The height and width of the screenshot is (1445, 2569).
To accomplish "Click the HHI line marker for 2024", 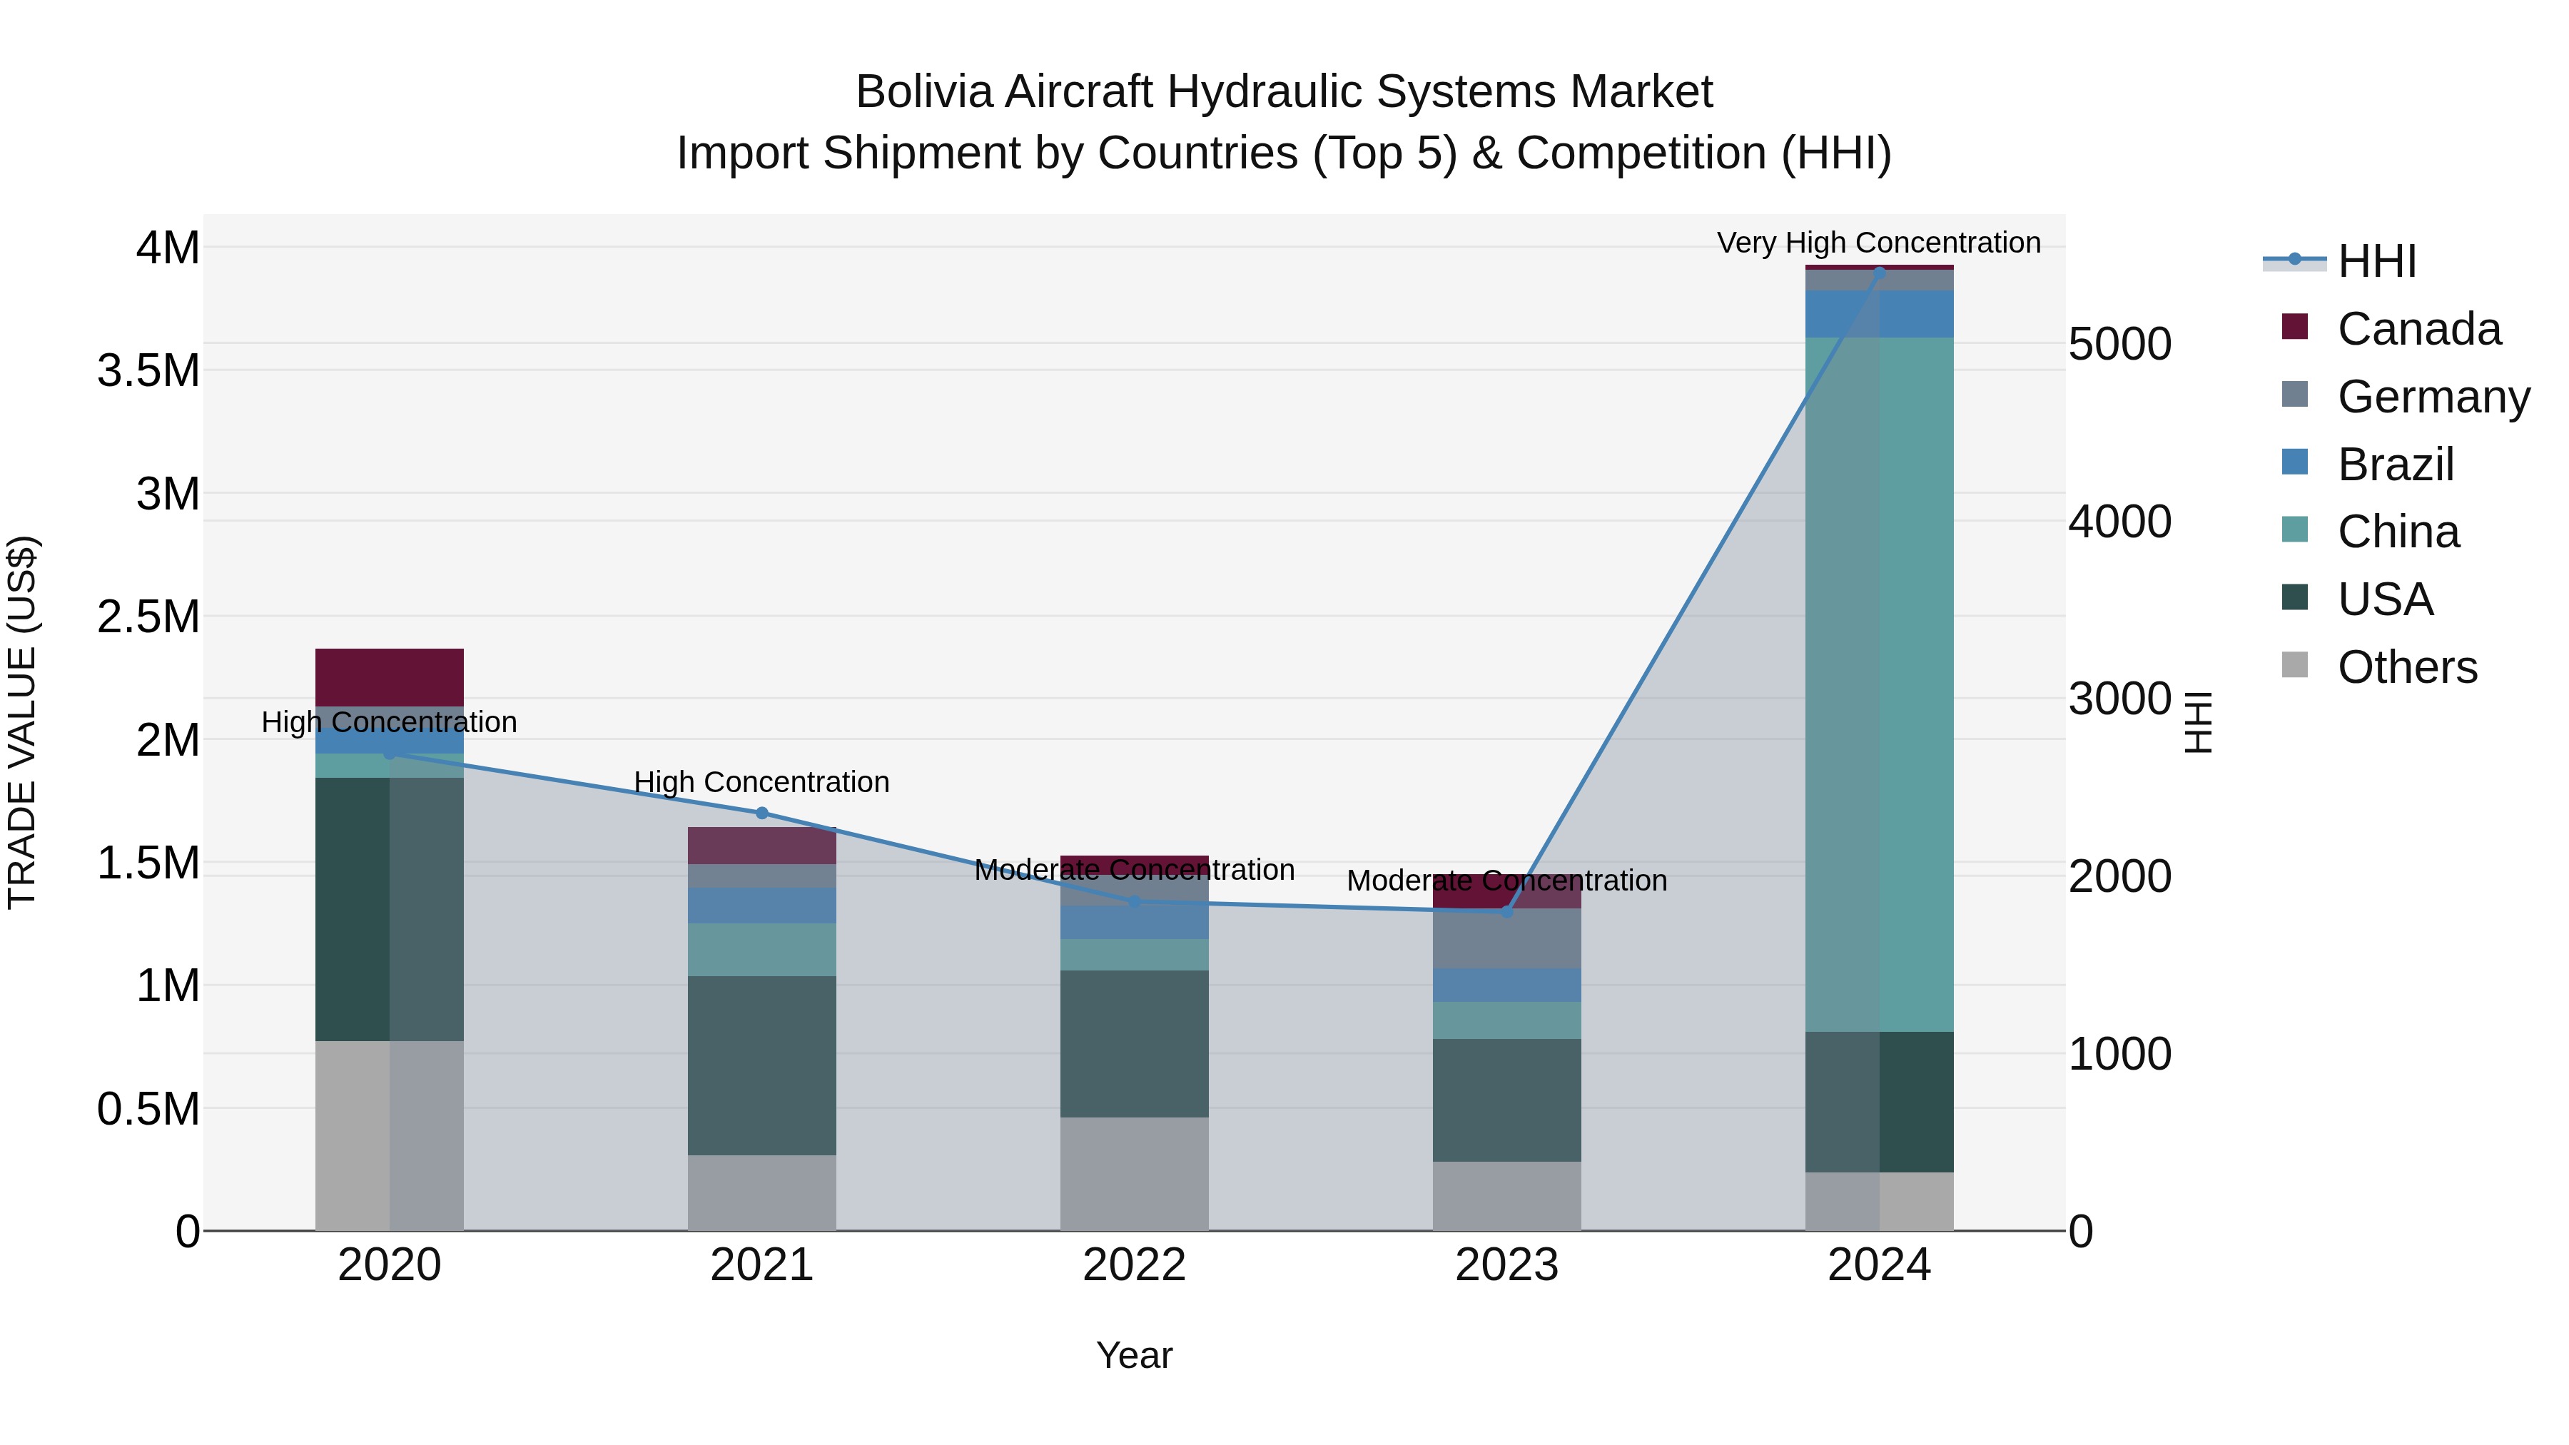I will [1879, 271].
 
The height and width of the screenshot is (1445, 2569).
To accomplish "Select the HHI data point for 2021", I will [762, 813].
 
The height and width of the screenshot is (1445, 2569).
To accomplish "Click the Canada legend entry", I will [2418, 329].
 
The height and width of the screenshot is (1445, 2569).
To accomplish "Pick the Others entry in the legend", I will [2406, 667].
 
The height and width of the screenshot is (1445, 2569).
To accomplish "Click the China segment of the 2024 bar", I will [1879, 684].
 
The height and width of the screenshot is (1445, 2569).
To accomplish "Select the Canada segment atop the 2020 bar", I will [389, 677].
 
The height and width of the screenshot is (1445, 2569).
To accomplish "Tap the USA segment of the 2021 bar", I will [762, 1065].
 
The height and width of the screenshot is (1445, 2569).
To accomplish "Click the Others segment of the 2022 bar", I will [1134, 1174].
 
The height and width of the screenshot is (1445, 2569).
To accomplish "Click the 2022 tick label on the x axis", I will [1134, 1265].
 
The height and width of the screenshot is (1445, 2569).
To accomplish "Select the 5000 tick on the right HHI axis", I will [2120, 344].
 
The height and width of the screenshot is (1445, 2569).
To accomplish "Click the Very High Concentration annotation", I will [1879, 243].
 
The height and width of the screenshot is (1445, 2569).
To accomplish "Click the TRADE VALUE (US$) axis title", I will [22, 722].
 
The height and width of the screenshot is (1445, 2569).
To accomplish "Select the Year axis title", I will [1134, 1355].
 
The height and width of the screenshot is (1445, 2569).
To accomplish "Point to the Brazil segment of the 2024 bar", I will [1879, 314].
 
